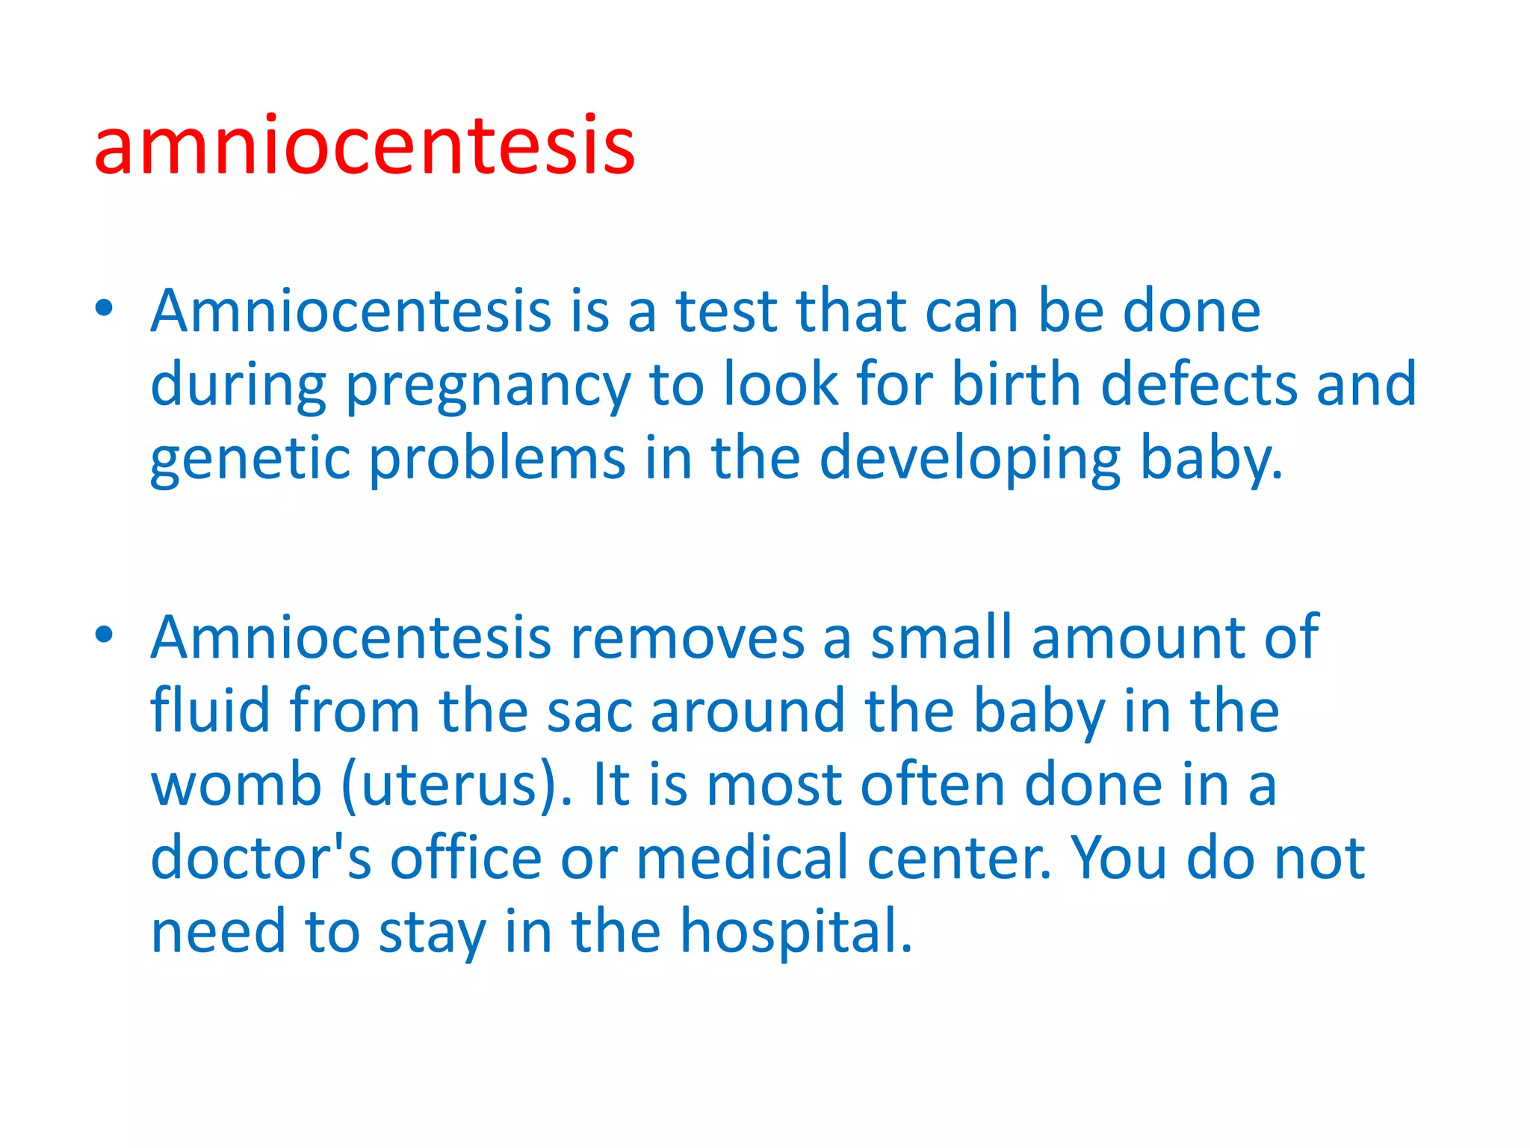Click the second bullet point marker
(104, 635)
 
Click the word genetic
(250, 460)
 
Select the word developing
(970, 460)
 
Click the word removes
(687, 638)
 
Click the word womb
(236, 784)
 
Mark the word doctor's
(260, 857)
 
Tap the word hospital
(796, 932)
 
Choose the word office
(466, 857)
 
